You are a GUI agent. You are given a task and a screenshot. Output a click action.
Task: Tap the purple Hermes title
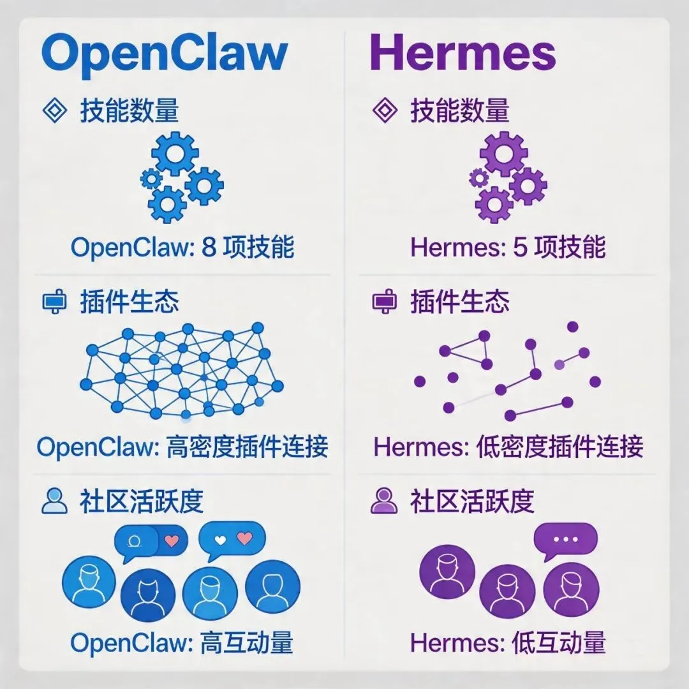[463, 54]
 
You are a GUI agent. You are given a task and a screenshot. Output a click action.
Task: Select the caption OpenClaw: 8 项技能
[182, 248]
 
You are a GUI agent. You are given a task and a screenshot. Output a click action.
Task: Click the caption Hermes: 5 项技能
[508, 248]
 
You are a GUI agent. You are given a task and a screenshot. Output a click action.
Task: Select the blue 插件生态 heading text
[130, 301]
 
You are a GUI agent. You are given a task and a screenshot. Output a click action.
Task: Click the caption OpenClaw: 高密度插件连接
[182, 447]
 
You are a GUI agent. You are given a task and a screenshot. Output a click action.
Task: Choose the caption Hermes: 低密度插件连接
[508, 447]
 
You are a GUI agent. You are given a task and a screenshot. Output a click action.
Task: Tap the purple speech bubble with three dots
[565, 540]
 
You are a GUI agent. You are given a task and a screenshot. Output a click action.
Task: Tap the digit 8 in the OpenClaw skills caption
[209, 248]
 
